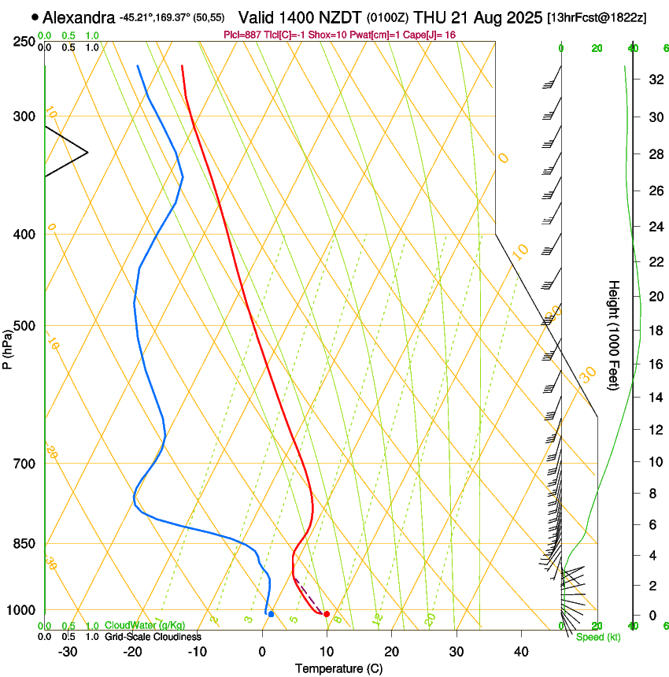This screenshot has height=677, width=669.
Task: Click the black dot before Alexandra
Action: pos(35,17)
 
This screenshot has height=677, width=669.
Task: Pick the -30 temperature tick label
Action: pos(68,651)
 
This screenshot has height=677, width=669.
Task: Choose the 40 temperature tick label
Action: pos(520,651)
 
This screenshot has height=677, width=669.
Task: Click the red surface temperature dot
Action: pos(327,614)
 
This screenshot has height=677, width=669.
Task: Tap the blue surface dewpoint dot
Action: pos(271,614)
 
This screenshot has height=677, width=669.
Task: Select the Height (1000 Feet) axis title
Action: pos(615,335)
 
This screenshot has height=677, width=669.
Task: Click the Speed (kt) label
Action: pos(597,637)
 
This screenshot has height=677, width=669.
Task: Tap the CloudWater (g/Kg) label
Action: pos(134,626)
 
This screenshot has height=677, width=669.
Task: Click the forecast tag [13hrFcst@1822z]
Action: pos(596,17)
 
